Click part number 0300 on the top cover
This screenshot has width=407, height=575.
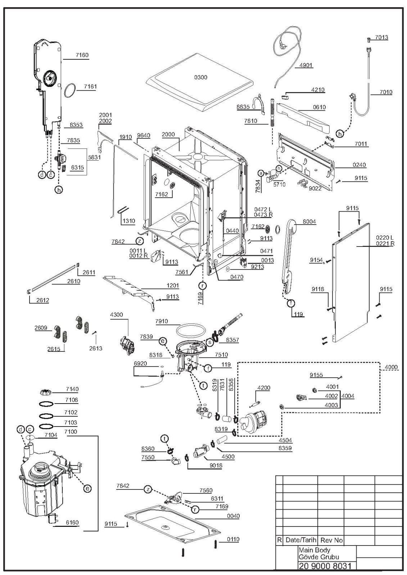[201, 78]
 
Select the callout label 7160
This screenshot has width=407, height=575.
[82, 55]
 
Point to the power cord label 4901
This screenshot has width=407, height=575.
[306, 65]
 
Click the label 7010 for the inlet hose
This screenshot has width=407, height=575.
[386, 92]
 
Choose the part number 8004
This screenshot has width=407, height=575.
[309, 222]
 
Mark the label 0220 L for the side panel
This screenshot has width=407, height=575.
[385, 238]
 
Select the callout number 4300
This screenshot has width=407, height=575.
[116, 315]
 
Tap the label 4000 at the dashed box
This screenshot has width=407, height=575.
[391, 367]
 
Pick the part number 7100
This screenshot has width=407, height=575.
[71, 432]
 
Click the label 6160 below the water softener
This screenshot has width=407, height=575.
[72, 523]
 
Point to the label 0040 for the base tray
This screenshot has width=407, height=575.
[233, 516]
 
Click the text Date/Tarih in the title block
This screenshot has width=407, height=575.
[300, 540]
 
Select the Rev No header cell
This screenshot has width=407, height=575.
[331, 540]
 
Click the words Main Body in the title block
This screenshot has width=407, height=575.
[314, 550]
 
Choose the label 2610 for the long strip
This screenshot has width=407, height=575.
[74, 281]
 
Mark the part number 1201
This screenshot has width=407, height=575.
[172, 286]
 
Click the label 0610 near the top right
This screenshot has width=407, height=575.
[319, 107]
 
